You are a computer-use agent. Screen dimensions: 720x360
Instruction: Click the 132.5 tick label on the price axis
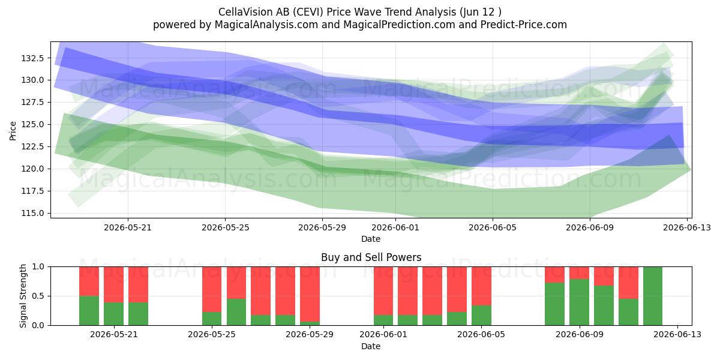click(x=32, y=58)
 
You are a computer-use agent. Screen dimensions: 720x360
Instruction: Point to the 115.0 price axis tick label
click(x=32, y=213)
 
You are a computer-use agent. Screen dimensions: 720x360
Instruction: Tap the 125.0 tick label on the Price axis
click(x=32, y=124)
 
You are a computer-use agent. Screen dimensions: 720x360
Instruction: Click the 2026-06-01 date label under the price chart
click(x=395, y=227)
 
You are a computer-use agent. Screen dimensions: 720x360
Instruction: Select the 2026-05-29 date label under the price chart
click(x=322, y=227)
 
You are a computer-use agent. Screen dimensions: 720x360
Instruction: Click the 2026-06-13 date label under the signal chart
click(x=677, y=334)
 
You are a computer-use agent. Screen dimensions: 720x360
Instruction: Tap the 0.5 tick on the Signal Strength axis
click(x=38, y=296)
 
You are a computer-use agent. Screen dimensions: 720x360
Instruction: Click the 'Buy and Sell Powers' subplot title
click(x=371, y=257)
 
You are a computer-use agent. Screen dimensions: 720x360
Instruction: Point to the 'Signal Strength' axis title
click(x=23, y=296)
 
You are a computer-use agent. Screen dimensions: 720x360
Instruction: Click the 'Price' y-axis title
click(x=13, y=131)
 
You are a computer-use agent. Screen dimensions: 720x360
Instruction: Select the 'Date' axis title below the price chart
click(x=371, y=239)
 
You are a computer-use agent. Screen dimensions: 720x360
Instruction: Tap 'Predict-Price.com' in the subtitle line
click(x=524, y=25)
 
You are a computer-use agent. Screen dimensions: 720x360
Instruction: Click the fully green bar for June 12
click(x=653, y=296)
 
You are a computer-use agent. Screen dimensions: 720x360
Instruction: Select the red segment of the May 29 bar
click(x=310, y=294)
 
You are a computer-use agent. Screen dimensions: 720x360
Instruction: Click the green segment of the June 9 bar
click(x=579, y=302)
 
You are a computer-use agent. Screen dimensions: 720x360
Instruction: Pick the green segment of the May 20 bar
click(x=113, y=314)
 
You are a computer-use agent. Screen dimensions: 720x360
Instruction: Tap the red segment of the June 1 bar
click(x=383, y=290)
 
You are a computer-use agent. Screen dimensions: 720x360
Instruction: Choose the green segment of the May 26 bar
click(x=236, y=312)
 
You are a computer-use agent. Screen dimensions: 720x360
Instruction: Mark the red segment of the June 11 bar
click(x=628, y=283)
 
